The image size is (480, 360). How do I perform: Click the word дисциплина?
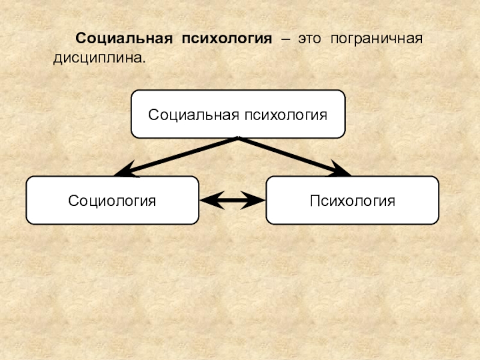97,60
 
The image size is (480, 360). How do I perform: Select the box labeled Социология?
112,200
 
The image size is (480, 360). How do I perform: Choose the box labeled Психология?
352,200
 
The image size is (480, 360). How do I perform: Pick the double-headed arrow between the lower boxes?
232,200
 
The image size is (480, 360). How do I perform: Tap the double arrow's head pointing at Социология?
206,200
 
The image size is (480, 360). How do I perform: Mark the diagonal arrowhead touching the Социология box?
123,172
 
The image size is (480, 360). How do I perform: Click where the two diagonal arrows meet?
238,139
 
